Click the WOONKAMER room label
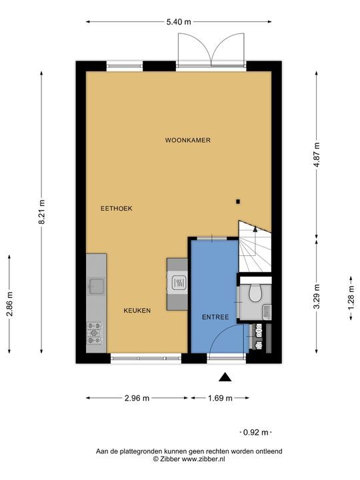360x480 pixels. [x=187, y=140]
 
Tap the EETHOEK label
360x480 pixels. [x=116, y=209]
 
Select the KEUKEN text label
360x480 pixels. [x=137, y=311]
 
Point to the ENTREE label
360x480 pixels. [x=215, y=317]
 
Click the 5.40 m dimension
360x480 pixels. [x=179, y=22]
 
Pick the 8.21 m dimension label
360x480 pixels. [x=41, y=212]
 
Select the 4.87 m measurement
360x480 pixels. [x=317, y=155]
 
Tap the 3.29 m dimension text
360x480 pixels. [x=317, y=296]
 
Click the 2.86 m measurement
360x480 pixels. [x=10, y=304]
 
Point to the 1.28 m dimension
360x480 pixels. [x=351, y=297]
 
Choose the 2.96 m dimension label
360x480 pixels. [x=137, y=398]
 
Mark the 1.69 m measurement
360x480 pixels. [x=220, y=398]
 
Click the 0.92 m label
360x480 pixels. [x=255, y=432]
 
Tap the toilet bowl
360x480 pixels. [x=255, y=293]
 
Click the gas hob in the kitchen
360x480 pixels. [x=95, y=333]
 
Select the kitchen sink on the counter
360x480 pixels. [x=96, y=286]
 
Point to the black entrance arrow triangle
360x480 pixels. [x=225, y=377]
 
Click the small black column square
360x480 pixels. [x=238, y=201]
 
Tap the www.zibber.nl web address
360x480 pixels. [x=203, y=459]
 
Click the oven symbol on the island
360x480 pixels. [x=178, y=283]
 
